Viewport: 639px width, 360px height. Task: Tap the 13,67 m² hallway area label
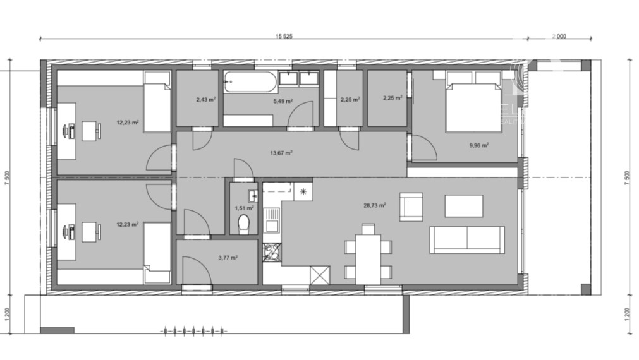point(281,152)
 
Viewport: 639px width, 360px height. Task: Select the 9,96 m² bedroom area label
point(478,145)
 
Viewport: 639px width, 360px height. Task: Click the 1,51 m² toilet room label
point(244,207)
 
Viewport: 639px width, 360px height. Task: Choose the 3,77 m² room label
point(227,258)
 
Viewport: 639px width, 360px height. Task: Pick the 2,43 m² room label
point(205,99)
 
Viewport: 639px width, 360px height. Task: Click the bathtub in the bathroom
point(250,81)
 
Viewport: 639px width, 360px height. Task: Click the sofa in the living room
point(467,239)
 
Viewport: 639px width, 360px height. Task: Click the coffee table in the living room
point(463,206)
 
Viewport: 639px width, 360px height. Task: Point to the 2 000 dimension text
point(559,37)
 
